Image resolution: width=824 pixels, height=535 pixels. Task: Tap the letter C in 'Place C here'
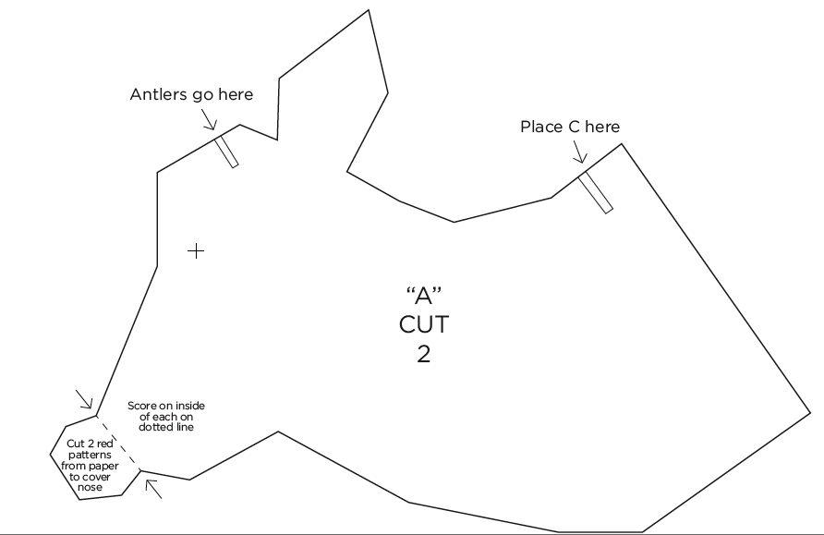point(575,127)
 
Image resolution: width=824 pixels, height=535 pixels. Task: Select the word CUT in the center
point(424,325)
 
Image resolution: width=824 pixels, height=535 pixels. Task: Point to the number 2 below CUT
point(424,355)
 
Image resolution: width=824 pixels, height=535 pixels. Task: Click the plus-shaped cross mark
point(196,250)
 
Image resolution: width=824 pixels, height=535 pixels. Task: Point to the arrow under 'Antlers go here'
point(209,121)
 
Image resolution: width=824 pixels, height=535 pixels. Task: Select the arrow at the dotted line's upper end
point(84,399)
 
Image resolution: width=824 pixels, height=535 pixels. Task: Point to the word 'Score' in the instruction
point(143,407)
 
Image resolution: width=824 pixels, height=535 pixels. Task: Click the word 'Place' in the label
point(541,127)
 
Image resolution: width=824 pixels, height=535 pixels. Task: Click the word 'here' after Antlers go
point(233,94)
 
